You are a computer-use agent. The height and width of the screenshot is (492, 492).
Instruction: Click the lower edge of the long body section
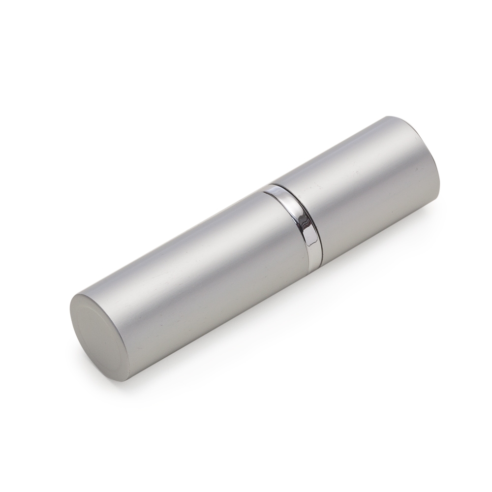(x=221, y=320)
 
